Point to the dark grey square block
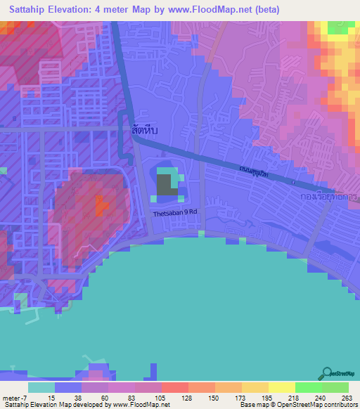coord(165,185)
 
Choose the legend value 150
coord(202,398)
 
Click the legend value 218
coord(282,398)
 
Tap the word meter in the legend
coord(11,398)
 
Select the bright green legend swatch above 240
coord(309,387)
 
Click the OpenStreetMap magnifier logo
coord(327,372)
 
